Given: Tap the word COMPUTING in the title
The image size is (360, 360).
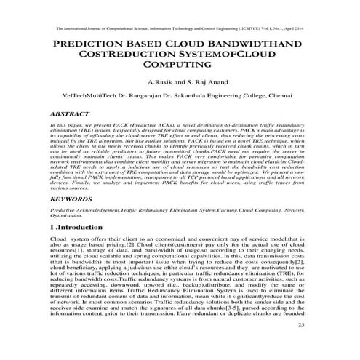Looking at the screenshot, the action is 180,73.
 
